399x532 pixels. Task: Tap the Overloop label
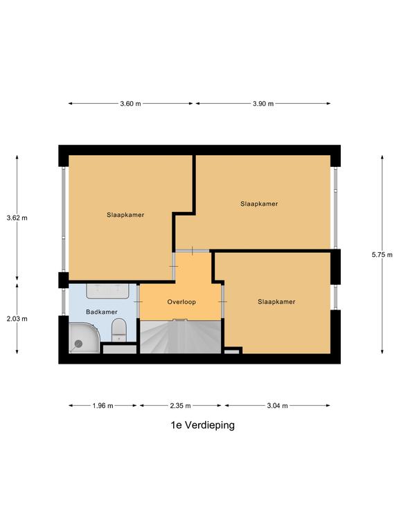(x=181, y=302)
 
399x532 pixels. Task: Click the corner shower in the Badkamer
(x=83, y=338)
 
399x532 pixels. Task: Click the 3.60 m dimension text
(x=130, y=104)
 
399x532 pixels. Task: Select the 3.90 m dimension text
(x=263, y=104)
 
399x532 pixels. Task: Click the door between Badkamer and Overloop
(x=139, y=303)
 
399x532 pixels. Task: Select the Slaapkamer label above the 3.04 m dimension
(x=276, y=302)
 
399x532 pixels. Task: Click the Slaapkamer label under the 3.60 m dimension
(x=125, y=215)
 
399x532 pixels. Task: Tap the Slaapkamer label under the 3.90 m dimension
(x=259, y=204)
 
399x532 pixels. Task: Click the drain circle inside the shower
(x=78, y=343)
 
